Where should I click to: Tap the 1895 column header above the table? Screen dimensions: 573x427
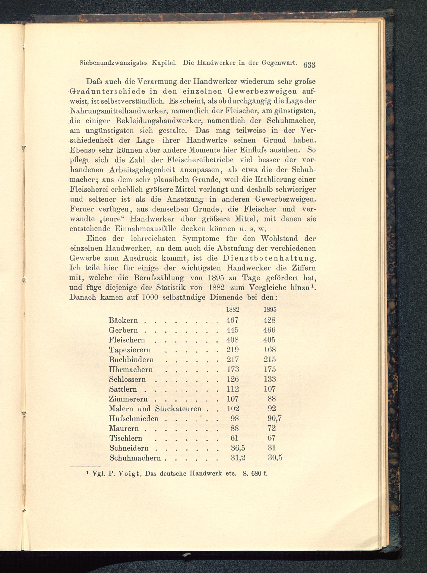tap(270, 310)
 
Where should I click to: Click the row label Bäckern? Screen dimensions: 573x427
tap(123, 320)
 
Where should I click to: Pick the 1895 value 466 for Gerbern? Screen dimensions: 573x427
tap(270, 330)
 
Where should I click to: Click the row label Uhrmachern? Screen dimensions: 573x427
tap(131, 369)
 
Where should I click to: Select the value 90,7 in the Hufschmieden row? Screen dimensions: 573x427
tap(275, 418)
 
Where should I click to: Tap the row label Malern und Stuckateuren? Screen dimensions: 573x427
tap(155, 409)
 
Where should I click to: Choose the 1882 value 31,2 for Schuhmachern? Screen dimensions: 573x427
tap(238, 458)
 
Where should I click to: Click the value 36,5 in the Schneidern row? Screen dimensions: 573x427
tap(238, 448)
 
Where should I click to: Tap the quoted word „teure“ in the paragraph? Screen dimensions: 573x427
tap(111, 219)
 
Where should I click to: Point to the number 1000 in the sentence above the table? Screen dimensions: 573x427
tap(150, 297)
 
